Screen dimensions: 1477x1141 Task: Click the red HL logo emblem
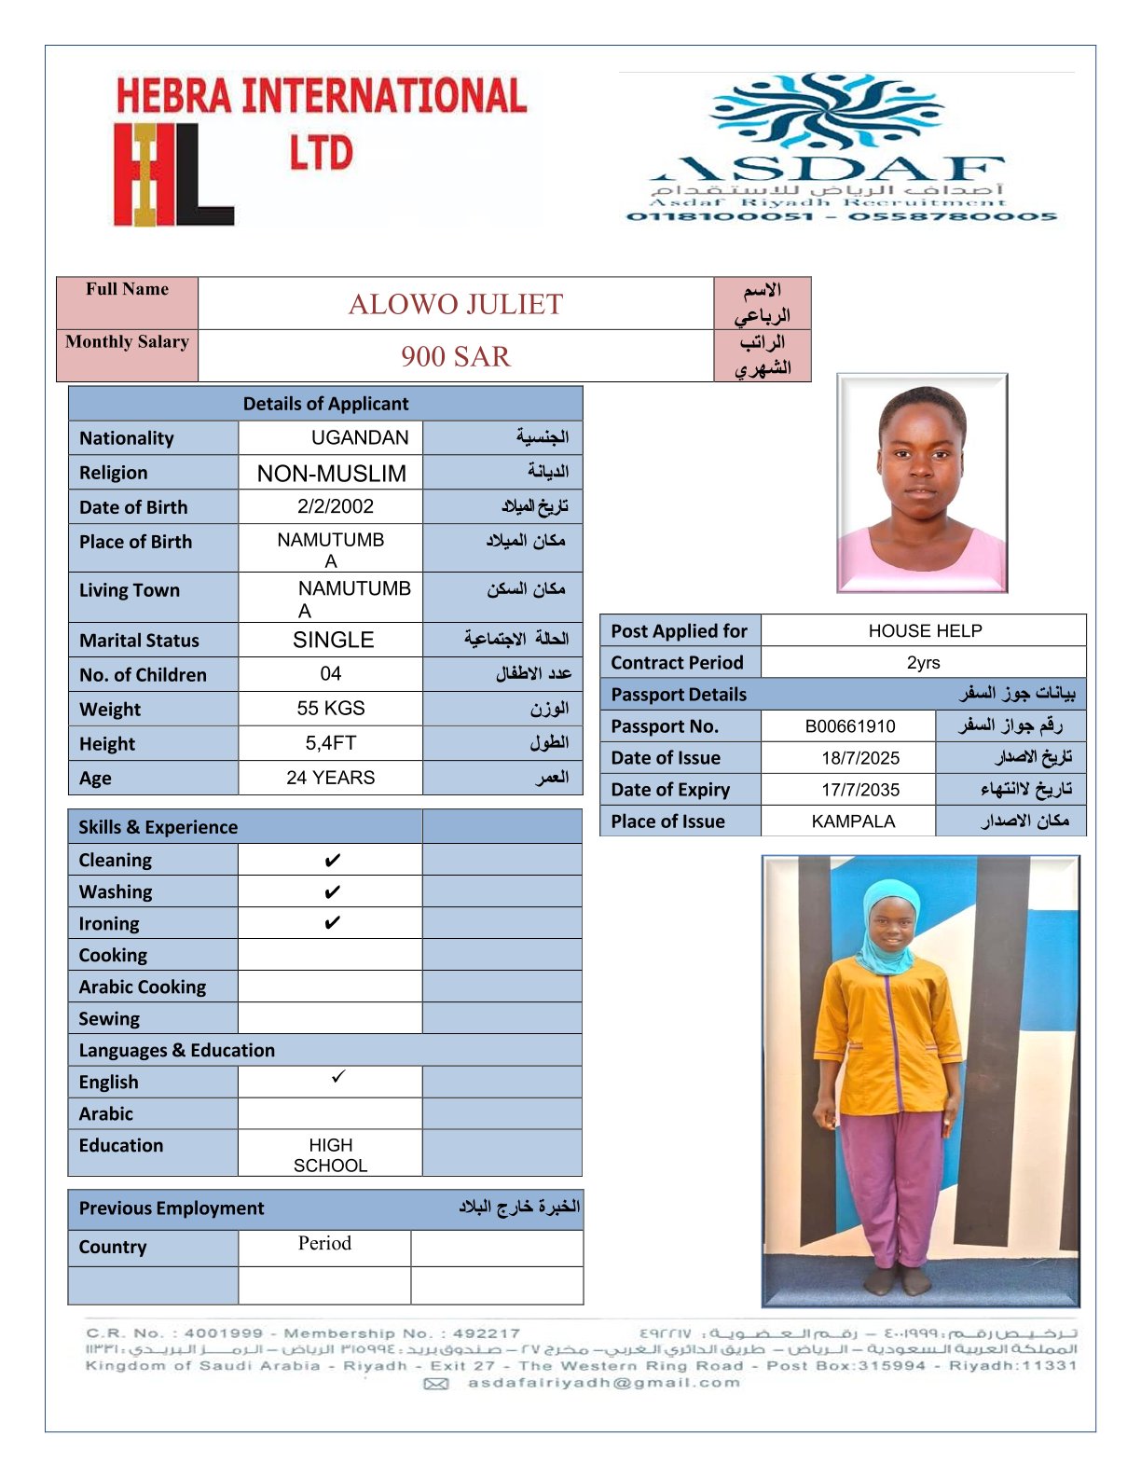tap(172, 174)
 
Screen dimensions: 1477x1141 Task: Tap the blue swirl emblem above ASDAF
tap(826, 112)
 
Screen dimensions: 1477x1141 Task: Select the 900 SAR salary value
tap(456, 356)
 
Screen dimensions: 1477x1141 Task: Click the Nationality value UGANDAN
tap(360, 437)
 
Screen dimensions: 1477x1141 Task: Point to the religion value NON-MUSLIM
tap(332, 473)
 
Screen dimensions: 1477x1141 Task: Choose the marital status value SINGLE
tap(333, 640)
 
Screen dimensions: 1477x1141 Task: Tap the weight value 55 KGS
tap(331, 708)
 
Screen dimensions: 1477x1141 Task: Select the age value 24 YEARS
tap(331, 778)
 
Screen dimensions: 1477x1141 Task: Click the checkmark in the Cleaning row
tap(332, 861)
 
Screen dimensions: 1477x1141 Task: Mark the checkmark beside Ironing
tap(332, 923)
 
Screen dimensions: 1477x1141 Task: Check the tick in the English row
tap(337, 1077)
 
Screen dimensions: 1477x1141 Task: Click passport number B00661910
tap(850, 726)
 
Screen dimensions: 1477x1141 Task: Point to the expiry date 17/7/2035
tap(860, 790)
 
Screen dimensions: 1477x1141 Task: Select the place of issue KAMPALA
tap(853, 821)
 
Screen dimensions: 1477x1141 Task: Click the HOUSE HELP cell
tap(925, 631)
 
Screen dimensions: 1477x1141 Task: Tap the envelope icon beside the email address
tap(436, 1384)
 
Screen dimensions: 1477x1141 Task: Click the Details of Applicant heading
tap(325, 404)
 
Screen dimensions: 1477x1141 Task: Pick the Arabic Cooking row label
tap(143, 987)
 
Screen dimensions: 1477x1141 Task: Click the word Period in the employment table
tap(324, 1243)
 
